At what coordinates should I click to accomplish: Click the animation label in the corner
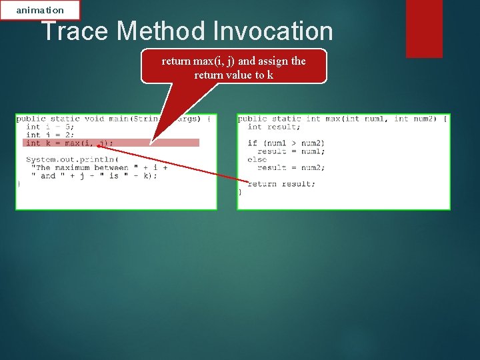pyautogui.click(x=40, y=10)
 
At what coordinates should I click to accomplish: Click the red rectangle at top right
pyautogui.click(x=424, y=28)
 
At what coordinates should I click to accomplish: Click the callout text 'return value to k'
pyautogui.click(x=233, y=75)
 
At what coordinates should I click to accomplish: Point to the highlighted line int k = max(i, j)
pyautogui.click(x=70, y=143)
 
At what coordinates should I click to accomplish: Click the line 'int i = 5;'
pyautogui.click(x=50, y=127)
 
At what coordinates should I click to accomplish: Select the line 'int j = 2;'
pyautogui.click(x=50, y=135)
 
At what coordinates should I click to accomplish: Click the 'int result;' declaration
pyautogui.click(x=273, y=127)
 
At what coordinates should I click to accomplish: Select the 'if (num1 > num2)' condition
pyautogui.click(x=286, y=143)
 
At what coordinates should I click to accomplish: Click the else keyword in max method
pyautogui.click(x=257, y=159)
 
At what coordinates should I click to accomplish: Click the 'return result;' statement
pyautogui.click(x=281, y=184)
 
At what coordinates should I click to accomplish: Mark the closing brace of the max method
pyautogui.click(x=241, y=192)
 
